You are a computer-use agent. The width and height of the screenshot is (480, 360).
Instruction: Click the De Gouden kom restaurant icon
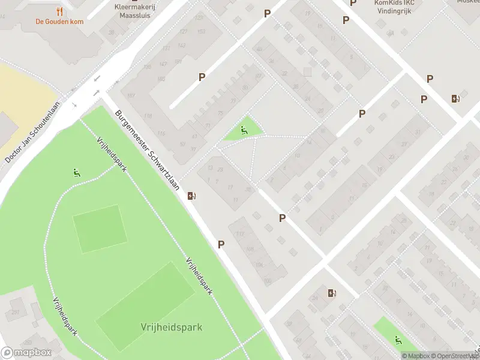59,11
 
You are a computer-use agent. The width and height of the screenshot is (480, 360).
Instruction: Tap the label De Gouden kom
58,22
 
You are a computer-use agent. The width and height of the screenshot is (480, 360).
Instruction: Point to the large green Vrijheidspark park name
172,327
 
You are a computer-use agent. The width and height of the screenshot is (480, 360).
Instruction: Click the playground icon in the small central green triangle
244,130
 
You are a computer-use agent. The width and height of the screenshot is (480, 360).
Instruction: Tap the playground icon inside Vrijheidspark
76,173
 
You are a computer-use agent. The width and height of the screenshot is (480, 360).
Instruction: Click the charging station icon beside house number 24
332,293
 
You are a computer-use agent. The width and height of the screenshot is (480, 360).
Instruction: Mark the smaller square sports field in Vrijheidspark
99,229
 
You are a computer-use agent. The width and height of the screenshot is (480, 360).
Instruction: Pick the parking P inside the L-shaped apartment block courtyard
202,77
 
